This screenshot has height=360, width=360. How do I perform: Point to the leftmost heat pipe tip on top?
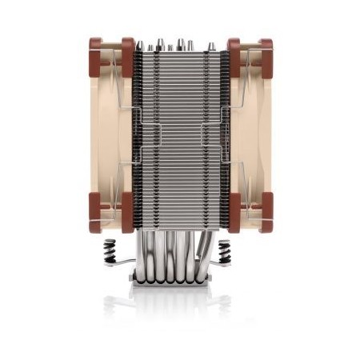point(141,46)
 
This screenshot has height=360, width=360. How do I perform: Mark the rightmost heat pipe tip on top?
point(212,46)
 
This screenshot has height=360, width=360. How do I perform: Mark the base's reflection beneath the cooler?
point(180,304)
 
